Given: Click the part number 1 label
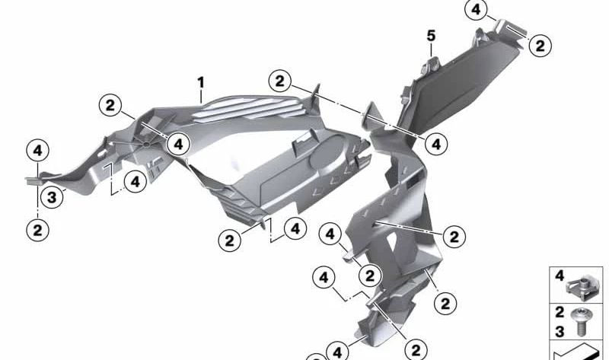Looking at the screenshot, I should click(x=201, y=81).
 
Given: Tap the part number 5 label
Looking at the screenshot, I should click(x=431, y=35).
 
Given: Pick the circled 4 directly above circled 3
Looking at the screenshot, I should click(x=37, y=151).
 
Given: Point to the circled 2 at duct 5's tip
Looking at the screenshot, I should click(x=539, y=45).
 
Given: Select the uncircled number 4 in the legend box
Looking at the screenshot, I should click(x=560, y=275).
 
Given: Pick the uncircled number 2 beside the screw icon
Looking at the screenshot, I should click(x=559, y=312).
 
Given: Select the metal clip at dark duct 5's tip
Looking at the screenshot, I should click(x=511, y=31).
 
